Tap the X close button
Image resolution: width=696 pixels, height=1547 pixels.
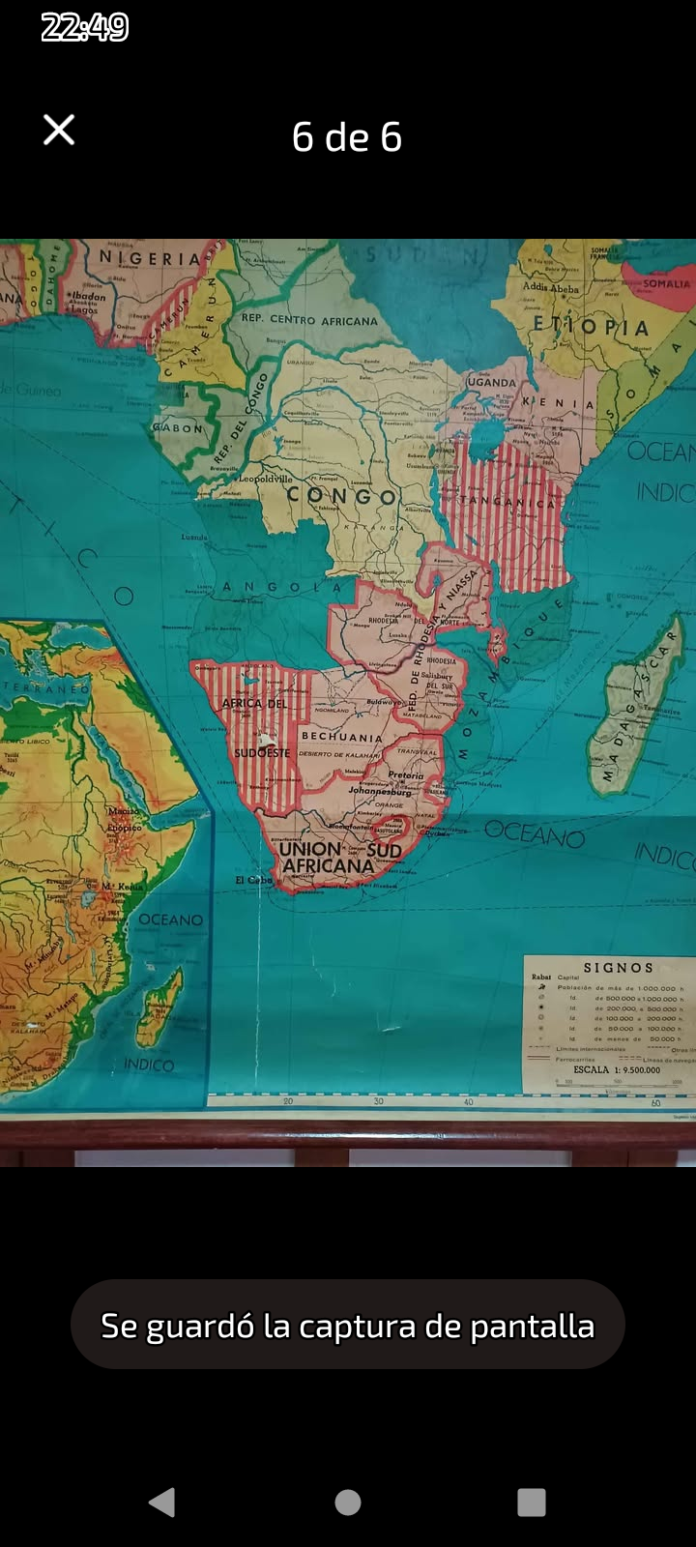tap(59, 130)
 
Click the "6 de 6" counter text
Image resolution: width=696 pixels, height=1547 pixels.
tap(347, 137)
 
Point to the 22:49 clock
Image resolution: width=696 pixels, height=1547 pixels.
tap(85, 27)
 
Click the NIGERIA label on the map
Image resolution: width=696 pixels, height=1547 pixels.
tap(150, 258)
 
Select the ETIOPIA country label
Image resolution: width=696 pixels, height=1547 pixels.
tap(591, 326)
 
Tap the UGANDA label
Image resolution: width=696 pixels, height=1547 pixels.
tap(491, 382)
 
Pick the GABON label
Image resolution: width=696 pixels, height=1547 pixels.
tap(178, 427)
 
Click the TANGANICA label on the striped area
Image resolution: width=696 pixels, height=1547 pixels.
tap(508, 502)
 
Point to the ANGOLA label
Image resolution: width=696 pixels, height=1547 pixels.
tap(281, 587)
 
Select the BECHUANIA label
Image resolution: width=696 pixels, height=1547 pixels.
tap(341, 737)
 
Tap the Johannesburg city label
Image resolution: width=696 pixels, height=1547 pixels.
tap(380, 791)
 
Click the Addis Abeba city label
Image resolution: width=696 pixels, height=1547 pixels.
tap(551, 287)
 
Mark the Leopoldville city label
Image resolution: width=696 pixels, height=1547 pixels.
tap(265, 479)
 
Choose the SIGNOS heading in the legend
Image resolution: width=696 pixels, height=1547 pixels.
tap(618, 967)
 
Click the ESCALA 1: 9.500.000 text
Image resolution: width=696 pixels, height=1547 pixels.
tap(617, 1070)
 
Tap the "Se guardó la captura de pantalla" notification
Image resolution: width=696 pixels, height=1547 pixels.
tap(347, 1325)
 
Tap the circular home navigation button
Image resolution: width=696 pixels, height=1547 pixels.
tap(348, 1502)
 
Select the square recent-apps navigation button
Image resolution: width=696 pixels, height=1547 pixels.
tap(532, 1502)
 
